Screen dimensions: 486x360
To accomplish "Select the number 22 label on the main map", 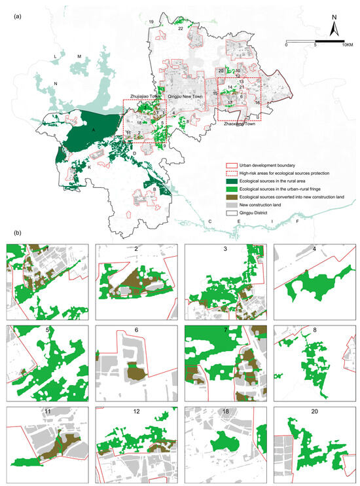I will point(180,29).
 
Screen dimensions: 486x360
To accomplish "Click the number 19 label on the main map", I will point(151,22).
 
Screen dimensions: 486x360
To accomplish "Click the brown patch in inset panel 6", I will point(135,371).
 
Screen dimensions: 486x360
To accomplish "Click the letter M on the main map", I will point(79,57).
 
